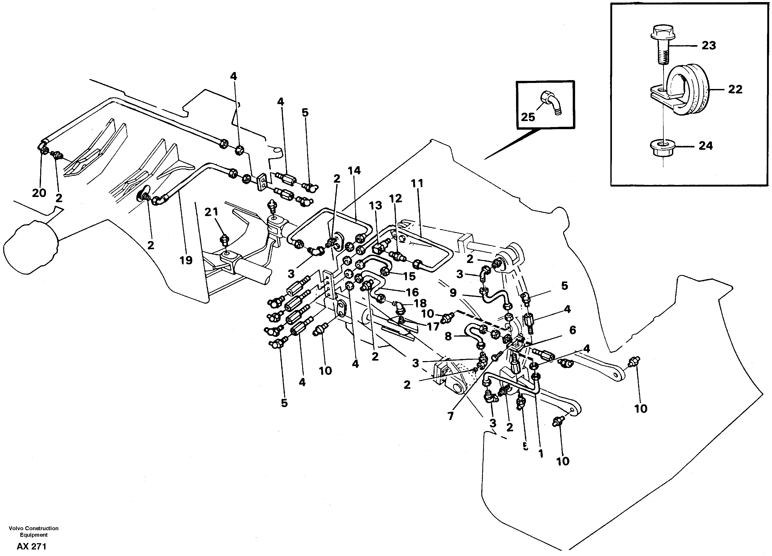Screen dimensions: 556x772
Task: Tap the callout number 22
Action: (735, 89)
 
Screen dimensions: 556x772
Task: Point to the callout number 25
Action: (528, 117)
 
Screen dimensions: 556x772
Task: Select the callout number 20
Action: (39, 193)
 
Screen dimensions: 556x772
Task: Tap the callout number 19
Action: (186, 260)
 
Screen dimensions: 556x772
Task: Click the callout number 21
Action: (211, 212)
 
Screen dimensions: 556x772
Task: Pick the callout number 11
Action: (417, 183)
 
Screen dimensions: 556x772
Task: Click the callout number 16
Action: (412, 292)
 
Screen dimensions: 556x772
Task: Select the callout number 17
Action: (433, 327)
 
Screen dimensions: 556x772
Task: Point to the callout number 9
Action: (453, 293)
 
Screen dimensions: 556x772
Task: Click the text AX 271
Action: (31, 547)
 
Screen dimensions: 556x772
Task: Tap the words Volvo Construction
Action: (34, 528)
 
